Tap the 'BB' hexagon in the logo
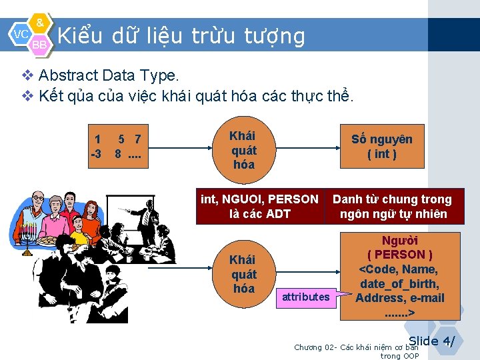pos(40,44)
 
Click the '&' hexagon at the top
pos(40,23)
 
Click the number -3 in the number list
pos(96,154)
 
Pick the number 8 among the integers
pos(118,154)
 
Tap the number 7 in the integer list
pos(137,139)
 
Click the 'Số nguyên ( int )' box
pos(382,147)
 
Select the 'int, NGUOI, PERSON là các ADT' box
pos(259,207)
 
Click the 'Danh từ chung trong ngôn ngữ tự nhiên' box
pos(392,207)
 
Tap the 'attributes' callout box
pos(305,297)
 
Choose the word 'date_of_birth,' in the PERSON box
pos(399,284)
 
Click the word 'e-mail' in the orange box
pos(426,298)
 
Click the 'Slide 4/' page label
pos(431,341)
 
